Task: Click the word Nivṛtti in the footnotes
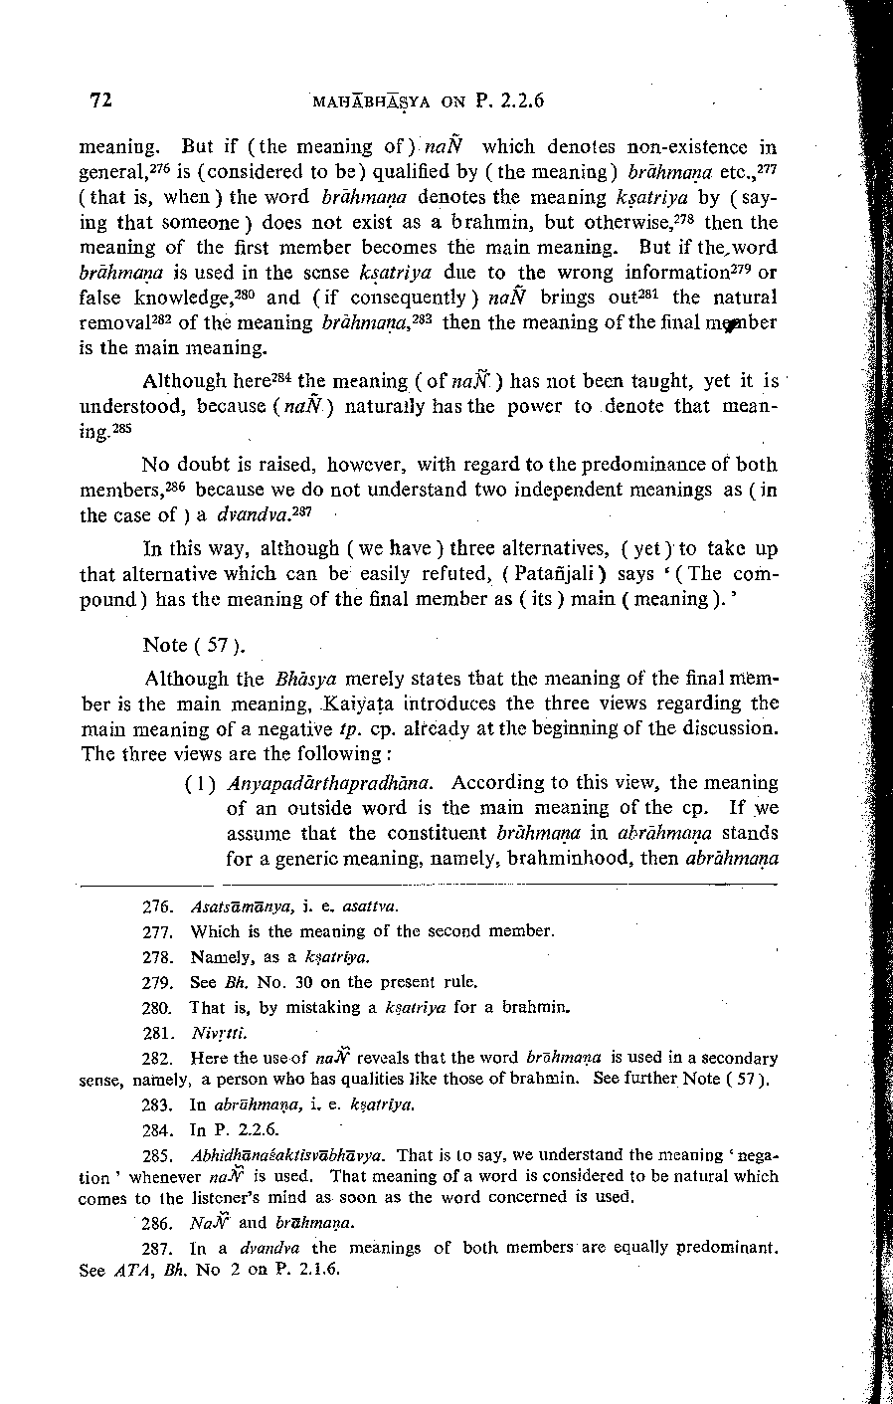[213, 1032]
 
